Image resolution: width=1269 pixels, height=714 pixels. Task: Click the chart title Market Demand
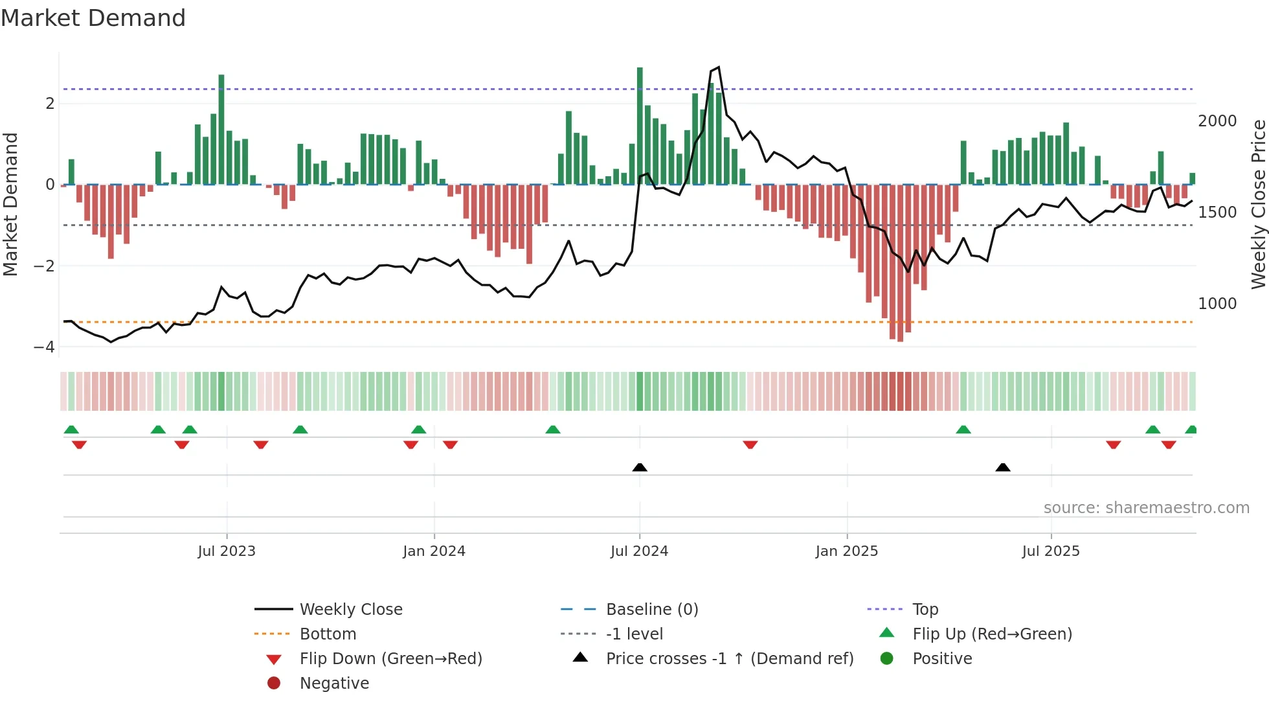coord(93,18)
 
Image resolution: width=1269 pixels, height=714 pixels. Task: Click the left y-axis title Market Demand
coord(11,204)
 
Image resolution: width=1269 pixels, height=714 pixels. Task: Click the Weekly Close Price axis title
coord(1258,204)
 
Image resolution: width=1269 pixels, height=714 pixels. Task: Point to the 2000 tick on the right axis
coord(1217,121)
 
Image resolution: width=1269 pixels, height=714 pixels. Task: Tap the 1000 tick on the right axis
coord(1217,304)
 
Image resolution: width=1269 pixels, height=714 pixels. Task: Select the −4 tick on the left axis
coord(45,347)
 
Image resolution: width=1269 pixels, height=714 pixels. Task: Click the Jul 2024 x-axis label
coord(639,551)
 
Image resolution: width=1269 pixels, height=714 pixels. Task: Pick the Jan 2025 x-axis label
coord(846,551)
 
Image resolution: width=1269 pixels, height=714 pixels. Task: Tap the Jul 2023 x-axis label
coord(227,551)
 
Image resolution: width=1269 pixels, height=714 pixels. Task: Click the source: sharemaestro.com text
coord(1146,508)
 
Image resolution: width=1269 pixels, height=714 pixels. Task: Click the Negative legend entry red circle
coord(274,684)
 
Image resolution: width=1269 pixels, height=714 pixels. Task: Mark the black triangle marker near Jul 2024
coord(640,468)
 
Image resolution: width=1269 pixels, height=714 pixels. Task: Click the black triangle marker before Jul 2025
coord(1003,468)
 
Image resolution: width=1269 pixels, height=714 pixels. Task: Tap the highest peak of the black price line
coord(718,67)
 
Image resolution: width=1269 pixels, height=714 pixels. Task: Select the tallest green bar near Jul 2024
coord(640,126)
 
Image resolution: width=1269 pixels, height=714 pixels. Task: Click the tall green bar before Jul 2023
coord(221,130)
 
